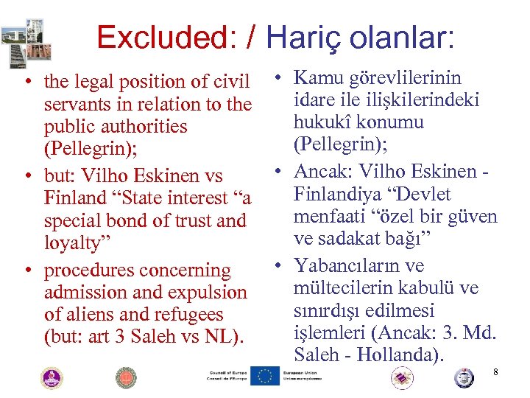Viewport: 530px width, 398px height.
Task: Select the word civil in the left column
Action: [230, 81]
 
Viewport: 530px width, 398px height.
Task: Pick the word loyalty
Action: [77, 243]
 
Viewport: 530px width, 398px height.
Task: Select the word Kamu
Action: [317, 78]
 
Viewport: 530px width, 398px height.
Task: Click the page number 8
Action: [495, 372]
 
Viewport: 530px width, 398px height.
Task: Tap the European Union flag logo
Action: [265, 377]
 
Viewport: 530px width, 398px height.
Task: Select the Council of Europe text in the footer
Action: [227, 377]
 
